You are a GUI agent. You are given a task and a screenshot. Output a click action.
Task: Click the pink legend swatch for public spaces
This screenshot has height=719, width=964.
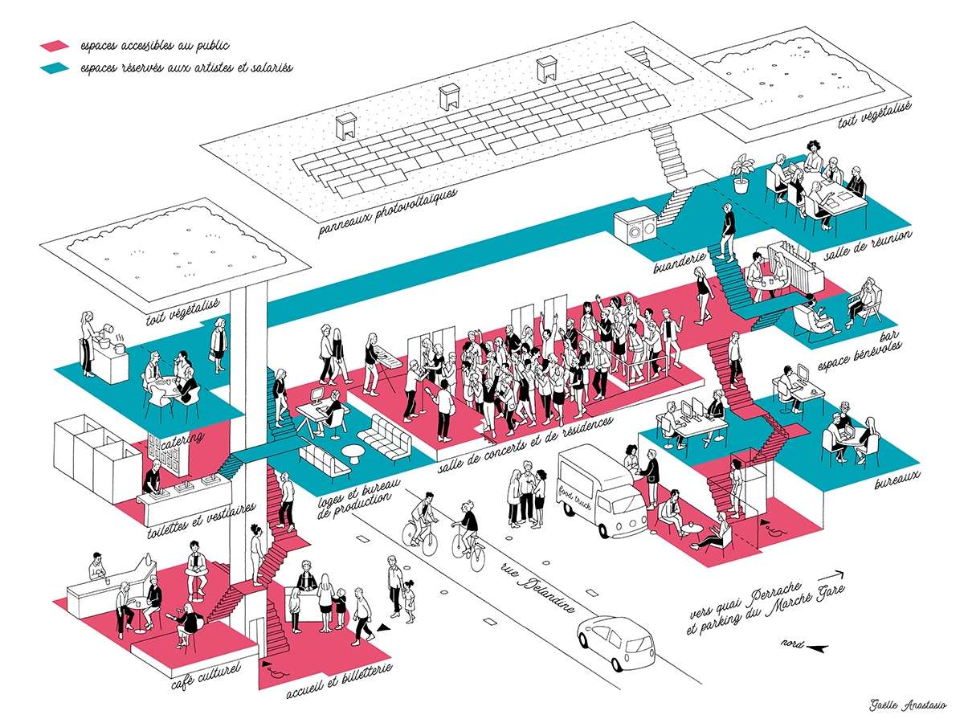point(55,45)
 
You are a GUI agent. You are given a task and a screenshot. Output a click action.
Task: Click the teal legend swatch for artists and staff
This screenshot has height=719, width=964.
point(55,68)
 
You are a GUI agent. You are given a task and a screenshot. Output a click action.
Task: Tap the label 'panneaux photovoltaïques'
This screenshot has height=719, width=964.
point(387,212)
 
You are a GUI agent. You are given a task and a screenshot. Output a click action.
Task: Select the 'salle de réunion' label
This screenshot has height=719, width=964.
point(868,245)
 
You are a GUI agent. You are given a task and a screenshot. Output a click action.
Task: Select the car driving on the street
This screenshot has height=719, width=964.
point(615,643)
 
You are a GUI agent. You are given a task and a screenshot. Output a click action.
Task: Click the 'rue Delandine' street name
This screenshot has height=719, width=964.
point(537,586)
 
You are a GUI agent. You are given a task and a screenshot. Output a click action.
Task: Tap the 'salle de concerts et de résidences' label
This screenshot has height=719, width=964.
point(525,443)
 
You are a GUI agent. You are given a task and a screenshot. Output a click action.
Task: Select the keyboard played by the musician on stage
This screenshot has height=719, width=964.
point(387,361)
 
